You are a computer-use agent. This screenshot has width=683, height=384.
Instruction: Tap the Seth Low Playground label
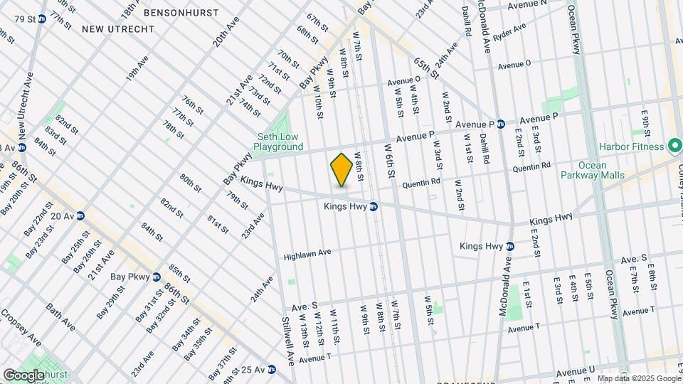coord(280,142)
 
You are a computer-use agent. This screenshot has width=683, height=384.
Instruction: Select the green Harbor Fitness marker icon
coord(672,146)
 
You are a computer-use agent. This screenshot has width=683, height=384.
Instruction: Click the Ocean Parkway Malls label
coord(593,170)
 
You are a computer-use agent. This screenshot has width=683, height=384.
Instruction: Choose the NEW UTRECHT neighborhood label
coord(118,28)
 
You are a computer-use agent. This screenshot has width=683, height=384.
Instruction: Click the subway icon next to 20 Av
coord(81,215)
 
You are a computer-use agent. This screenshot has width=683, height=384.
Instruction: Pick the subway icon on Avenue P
coord(501,123)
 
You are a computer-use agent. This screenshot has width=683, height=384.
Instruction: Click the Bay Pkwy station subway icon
coord(156,277)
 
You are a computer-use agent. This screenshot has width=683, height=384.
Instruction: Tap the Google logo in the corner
coord(24,375)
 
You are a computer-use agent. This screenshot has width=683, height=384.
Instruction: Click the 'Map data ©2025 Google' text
coord(638,378)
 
